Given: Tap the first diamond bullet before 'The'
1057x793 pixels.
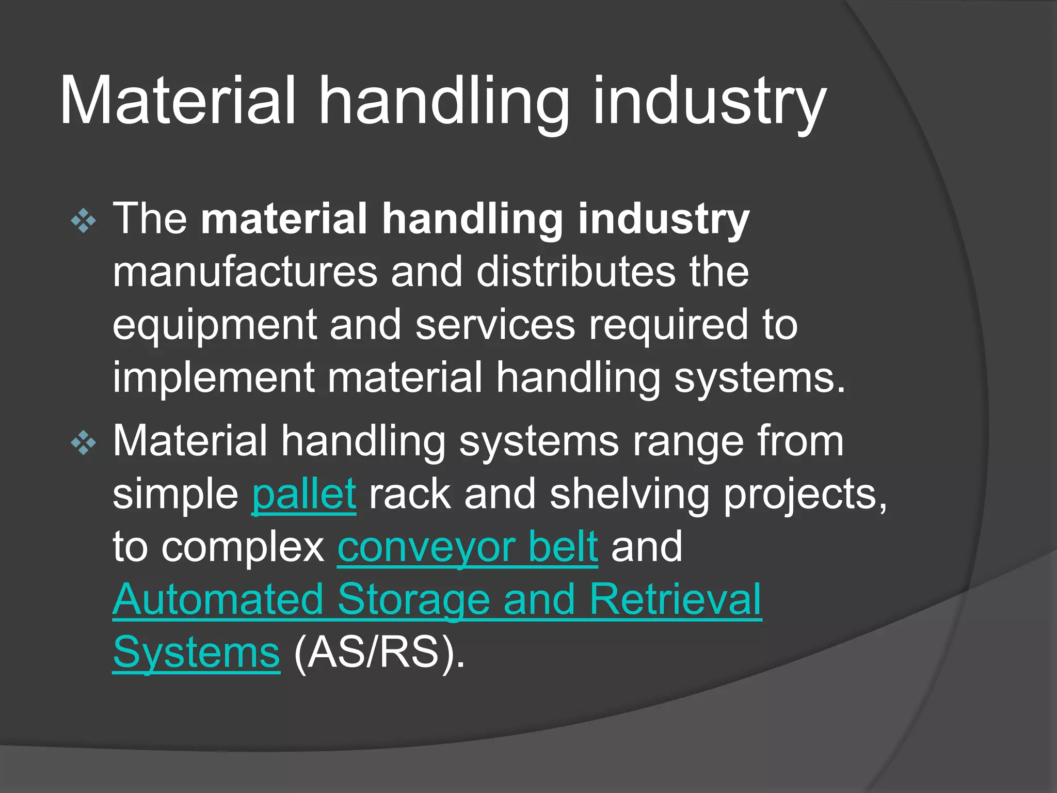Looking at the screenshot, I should pyautogui.click(x=84, y=221).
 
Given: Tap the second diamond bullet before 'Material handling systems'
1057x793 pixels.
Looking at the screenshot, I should pyautogui.click(x=84, y=443).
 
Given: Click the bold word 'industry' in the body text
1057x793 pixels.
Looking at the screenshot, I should pyautogui.click(x=663, y=219).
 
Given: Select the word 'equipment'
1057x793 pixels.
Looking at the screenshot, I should pyautogui.click(x=214, y=326).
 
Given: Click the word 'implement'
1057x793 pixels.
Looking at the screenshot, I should pyautogui.click(x=213, y=378).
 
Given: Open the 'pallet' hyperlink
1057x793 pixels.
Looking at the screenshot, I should pyautogui.click(x=304, y=495).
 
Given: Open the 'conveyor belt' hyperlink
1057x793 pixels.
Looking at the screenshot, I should pyautogui.click(x=468, y=547).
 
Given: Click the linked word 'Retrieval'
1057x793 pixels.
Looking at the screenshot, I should pyautogui.click(x=675, y=600).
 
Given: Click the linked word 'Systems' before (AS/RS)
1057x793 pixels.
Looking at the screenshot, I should pyautogui.click(x=196, y=653).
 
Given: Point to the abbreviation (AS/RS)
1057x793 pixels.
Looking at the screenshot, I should pyautogui.click(x=379, y=653).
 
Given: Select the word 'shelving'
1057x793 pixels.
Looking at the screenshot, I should pyautogui.click(x=630, y=495).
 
